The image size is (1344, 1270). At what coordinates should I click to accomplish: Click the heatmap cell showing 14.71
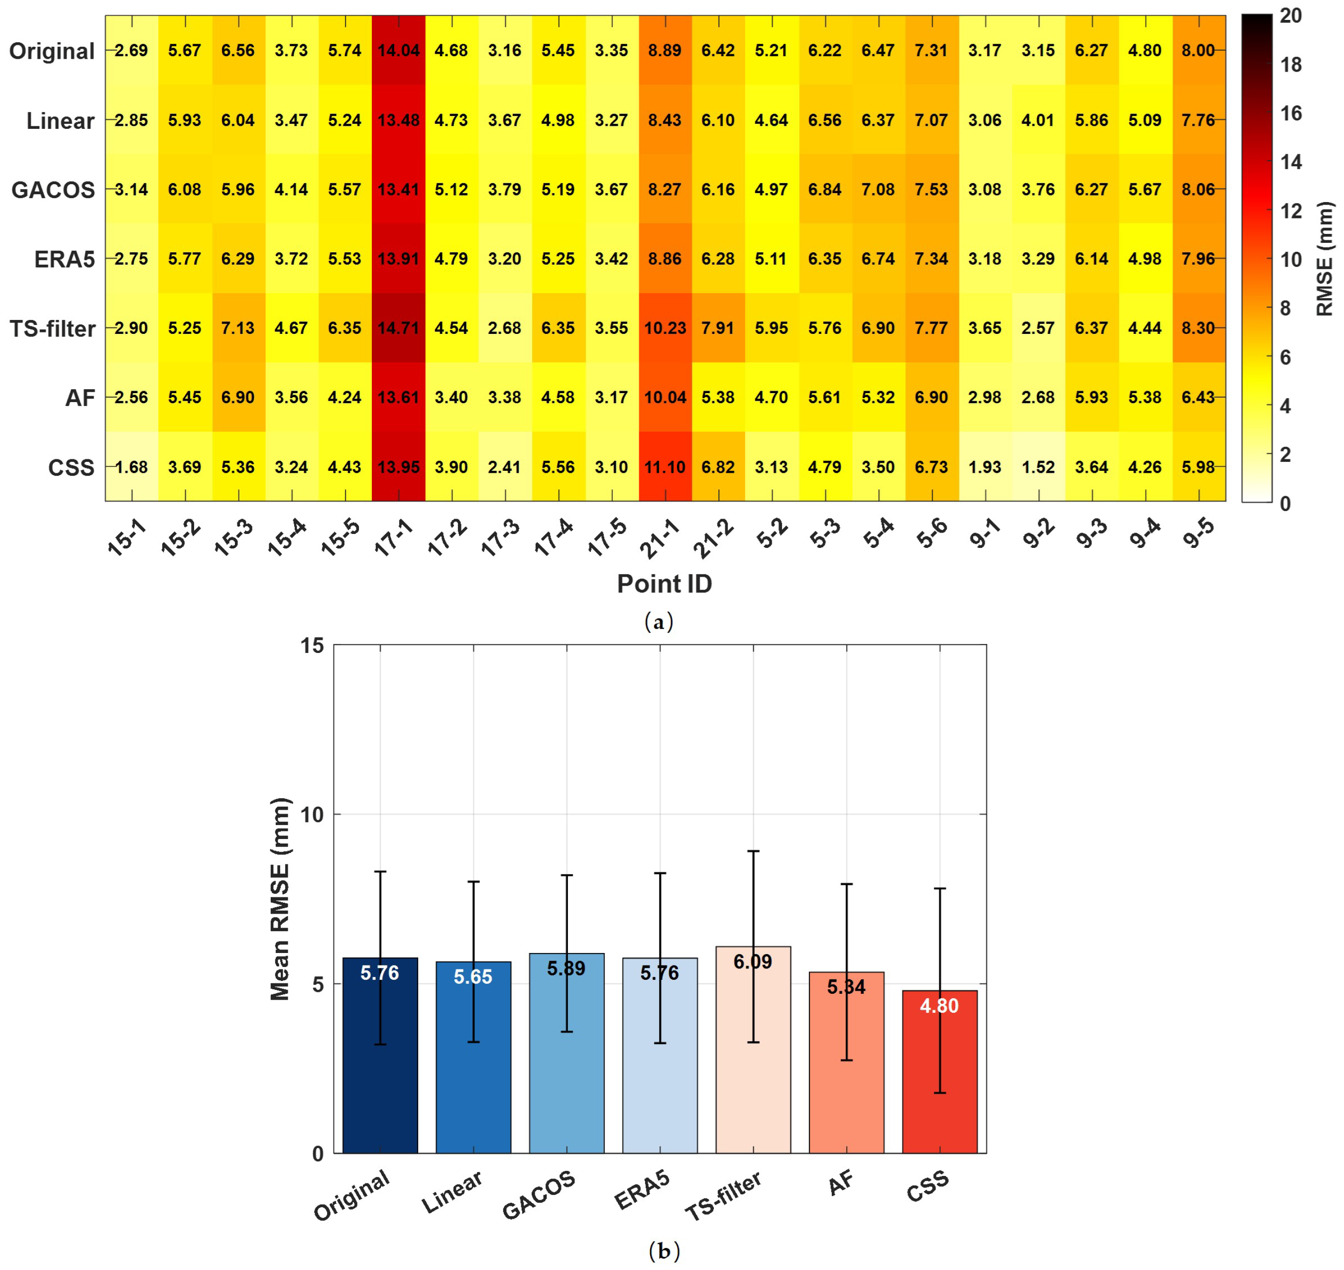(398, 328)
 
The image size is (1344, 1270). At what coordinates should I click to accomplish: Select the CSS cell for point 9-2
(1037, 467)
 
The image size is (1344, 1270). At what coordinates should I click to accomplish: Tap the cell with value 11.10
(664, 467)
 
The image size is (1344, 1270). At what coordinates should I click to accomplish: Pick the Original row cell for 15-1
(131, 51)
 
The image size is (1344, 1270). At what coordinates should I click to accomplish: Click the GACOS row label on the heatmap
(53, 190)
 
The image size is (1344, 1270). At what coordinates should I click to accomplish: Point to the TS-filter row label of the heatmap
(52, 329)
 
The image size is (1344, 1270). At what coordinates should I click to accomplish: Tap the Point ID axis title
(664, 584)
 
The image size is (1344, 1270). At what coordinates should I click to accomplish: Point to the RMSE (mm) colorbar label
(1324, 259)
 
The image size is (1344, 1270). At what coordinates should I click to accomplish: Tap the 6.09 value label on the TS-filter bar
(752, 961)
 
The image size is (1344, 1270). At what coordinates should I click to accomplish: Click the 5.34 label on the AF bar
(846, 987)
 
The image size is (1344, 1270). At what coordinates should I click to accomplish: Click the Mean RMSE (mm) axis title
(280, 899)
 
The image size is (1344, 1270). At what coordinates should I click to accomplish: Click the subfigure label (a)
(658, 622)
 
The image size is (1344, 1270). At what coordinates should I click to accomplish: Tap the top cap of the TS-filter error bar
(753, 851)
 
